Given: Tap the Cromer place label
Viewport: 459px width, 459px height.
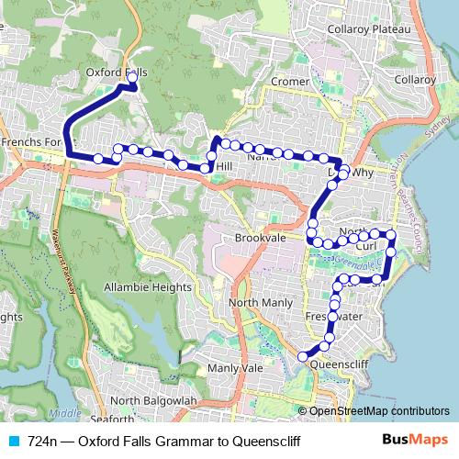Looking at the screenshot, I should [x=290, y=82].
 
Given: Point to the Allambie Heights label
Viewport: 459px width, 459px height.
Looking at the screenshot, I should [x=147, y=287].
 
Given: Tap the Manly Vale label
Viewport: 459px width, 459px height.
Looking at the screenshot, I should [x=235, y=368].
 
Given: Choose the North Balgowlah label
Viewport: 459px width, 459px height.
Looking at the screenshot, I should [x=153, y=401].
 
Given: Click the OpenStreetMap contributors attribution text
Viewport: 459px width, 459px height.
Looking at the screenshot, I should [x=378, y=411].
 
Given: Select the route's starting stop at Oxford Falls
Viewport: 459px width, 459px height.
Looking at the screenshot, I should [x=131, y=87].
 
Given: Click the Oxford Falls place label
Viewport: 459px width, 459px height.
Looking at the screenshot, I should [x=116, y=71].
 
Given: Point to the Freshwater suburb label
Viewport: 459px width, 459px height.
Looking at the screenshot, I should [x=335, y=317].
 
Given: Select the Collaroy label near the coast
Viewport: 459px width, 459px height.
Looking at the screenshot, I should [x=415, y=80].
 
